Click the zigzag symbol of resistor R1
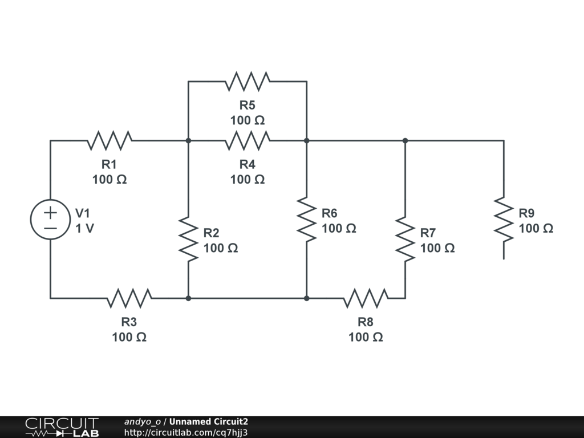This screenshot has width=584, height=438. point(109,141)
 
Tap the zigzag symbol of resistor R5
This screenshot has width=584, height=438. point(248,82)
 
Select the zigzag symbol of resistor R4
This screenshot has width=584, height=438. point(248,141)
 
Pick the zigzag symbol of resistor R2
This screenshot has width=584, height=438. point(188,240)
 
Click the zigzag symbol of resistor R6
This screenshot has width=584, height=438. point(306,220)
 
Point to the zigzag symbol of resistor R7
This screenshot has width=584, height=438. point(405,240)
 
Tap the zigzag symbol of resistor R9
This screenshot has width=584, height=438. point(504,220)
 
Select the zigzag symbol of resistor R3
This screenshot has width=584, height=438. point(129,298)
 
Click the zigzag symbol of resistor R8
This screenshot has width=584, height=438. point(366,298)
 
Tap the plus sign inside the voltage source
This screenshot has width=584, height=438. point(50,213)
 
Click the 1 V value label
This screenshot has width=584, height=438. point(84,228)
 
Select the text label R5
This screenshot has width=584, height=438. point(248,106)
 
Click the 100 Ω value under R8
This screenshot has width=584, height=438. point(366,337)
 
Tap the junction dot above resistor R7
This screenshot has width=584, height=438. point(405,141)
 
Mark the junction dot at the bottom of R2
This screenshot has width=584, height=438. point(188,298)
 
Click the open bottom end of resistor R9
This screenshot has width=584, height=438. point(504,259)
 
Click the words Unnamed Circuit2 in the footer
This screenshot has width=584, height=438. point(209,421)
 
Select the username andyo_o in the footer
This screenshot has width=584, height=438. point(143,421)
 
